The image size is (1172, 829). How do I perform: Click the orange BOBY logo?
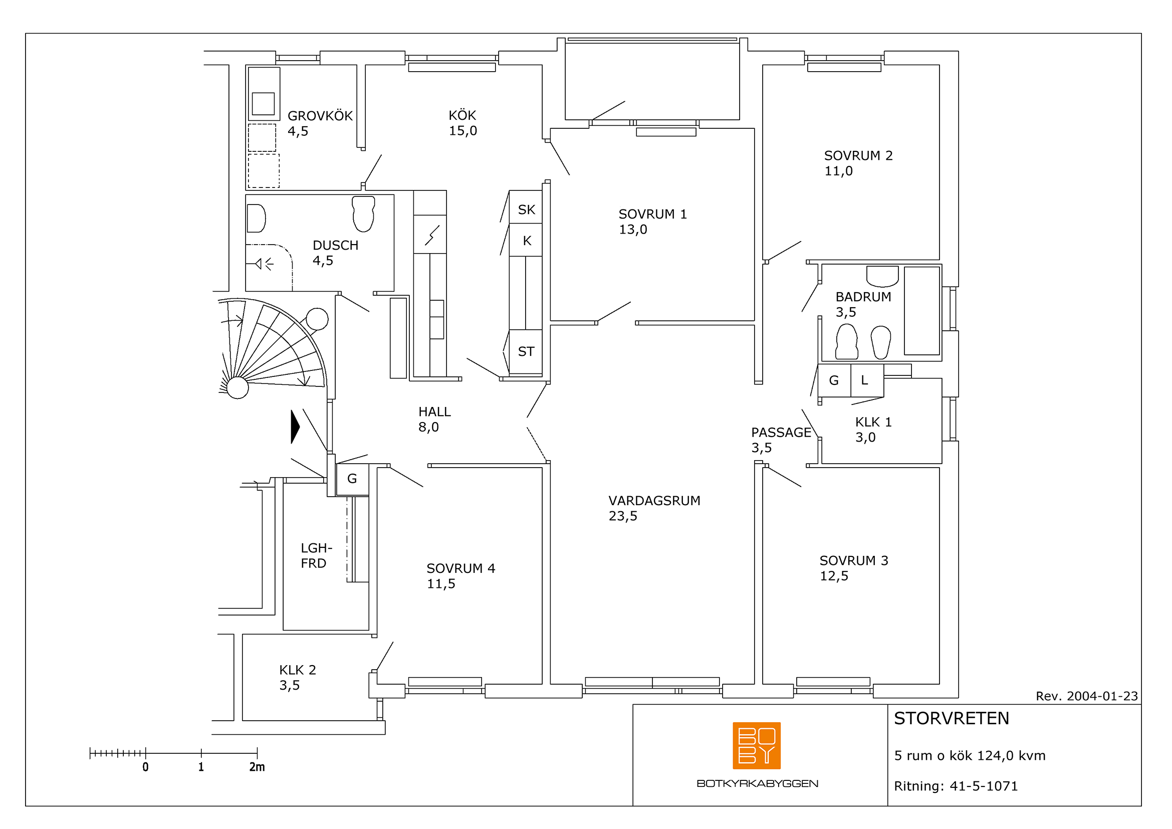757,745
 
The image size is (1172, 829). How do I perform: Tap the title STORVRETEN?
952,718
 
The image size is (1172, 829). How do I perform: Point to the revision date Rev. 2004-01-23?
1087,696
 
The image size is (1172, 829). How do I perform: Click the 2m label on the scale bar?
257,767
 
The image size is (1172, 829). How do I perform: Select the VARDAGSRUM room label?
654,500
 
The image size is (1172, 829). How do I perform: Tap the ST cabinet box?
526,352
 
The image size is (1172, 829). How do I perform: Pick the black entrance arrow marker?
295,427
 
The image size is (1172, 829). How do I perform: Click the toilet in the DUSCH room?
363,214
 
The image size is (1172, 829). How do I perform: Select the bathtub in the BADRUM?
922,310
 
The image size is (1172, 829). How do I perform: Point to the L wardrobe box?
867,380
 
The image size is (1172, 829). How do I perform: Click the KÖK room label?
462,115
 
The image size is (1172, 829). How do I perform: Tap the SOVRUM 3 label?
854,560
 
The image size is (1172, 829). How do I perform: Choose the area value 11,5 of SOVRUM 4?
441,583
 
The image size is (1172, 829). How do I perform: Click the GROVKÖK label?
320,116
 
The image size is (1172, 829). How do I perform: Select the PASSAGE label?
781,433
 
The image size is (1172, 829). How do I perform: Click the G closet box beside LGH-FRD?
352,479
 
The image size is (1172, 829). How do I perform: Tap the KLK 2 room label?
298,670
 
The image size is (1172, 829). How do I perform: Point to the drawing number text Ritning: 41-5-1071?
956,786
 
